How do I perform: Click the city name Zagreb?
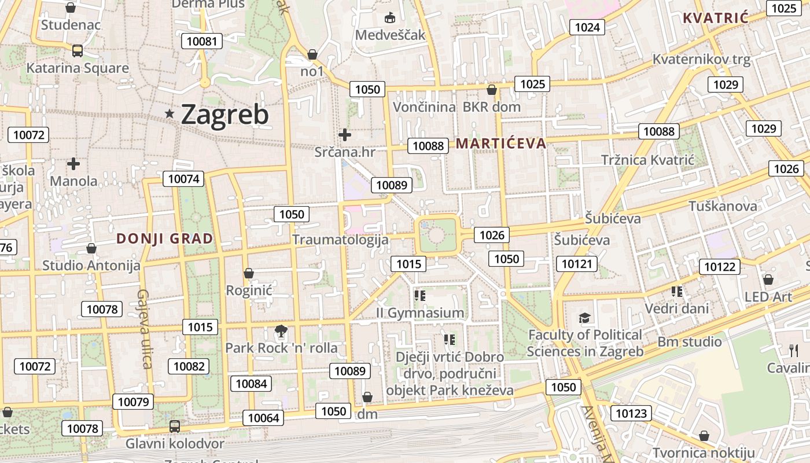click(x=224, y=115)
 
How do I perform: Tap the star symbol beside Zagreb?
click(x=170, y=114)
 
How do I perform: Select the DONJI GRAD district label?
click(x=165, y=238)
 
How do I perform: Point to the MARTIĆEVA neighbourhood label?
click(x=501, y=144)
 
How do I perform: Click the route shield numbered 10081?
click(x=202, y=41)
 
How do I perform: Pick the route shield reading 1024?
click(x=587, y=27)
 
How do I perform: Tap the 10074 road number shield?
click(x=183, y=179)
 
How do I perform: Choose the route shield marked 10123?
click(x=631, y=413)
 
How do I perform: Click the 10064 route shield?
click(x=263, y=418)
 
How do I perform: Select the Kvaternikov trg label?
click(x=701, y=59)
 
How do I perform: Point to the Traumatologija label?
click(x=340, y=240)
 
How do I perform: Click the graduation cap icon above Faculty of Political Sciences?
click(x=584, y=318)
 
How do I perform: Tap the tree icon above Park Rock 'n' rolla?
click(x=281, y=331)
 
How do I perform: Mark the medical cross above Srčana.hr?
click(x=345, y=135)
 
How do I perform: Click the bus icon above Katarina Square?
click(x=78, y=51)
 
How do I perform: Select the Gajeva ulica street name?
click(x=143, y=328)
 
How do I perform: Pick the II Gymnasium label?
click(x=420, y=313)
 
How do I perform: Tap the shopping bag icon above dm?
click(x=367, y=397)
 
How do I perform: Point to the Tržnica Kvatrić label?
click(x=647, y=160)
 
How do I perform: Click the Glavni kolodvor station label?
click(x=175, y=444)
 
